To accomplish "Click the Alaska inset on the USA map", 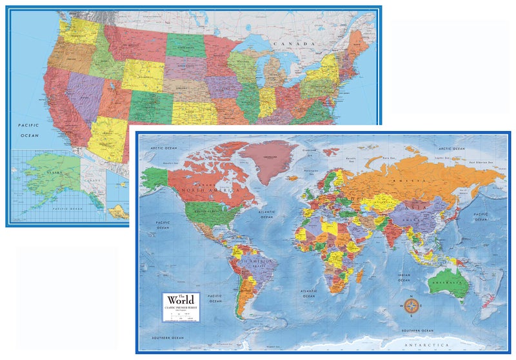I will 55,181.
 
